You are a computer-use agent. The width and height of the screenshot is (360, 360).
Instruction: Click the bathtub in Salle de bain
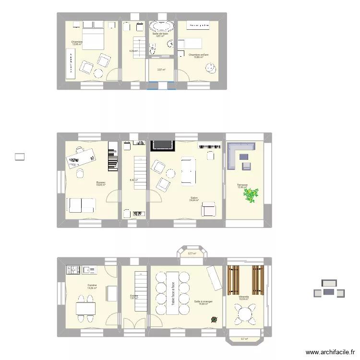click(161, 26)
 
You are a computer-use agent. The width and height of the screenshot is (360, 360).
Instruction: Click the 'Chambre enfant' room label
click(198, 55)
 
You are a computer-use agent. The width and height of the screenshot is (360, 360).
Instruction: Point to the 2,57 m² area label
click(161, 70)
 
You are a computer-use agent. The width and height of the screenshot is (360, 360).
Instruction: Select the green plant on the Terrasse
click(250, 194)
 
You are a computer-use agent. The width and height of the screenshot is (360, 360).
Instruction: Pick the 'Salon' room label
click(194, 198)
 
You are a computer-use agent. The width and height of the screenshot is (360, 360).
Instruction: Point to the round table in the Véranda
click(245, 314)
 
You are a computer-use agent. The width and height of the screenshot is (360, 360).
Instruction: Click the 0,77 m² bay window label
click(192, 253)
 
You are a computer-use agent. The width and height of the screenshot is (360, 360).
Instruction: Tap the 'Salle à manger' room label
click(203, 302)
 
